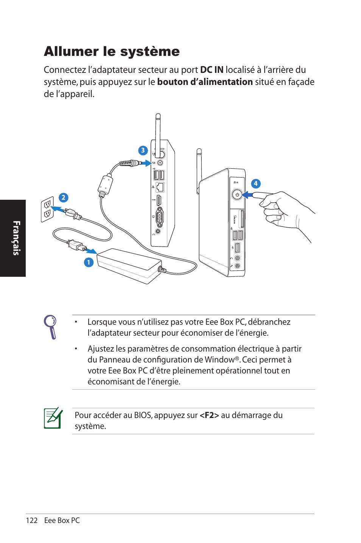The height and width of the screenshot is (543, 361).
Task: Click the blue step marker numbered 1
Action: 89,262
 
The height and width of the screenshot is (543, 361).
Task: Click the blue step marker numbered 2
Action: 63,197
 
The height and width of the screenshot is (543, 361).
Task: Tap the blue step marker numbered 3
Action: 143,150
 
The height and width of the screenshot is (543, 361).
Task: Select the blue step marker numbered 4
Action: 256,184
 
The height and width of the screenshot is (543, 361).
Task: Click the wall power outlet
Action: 47,209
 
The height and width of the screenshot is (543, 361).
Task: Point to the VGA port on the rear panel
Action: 160,217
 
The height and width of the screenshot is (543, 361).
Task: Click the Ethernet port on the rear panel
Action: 160,187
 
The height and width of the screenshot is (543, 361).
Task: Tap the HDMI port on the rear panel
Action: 159,200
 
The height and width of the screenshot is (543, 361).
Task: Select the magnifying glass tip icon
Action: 51,327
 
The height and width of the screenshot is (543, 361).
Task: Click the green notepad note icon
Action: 53,418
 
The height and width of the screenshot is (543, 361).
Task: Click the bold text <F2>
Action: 209,415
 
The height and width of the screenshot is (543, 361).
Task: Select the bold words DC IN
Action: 212,70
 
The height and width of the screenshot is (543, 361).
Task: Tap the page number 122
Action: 32,520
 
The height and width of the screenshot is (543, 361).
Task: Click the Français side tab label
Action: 16,238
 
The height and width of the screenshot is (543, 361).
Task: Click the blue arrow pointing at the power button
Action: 247,195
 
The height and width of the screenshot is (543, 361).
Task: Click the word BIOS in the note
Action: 143,415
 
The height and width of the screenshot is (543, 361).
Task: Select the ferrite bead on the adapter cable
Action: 105,185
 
